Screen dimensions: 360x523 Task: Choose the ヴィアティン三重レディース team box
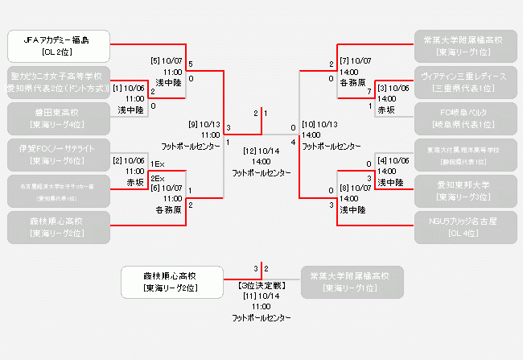point(465,82)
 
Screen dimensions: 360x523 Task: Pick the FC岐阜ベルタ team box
point(465,118)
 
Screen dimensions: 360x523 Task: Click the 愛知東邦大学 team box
point(465,191)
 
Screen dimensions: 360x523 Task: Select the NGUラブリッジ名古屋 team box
point(465,227)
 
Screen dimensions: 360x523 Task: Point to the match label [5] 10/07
point(167,60)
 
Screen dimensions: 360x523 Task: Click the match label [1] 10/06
point(130,88)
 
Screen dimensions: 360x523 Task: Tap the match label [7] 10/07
point(356,60)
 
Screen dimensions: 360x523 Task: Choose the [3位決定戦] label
point(261,285)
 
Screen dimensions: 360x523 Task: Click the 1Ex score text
point(158,164)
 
